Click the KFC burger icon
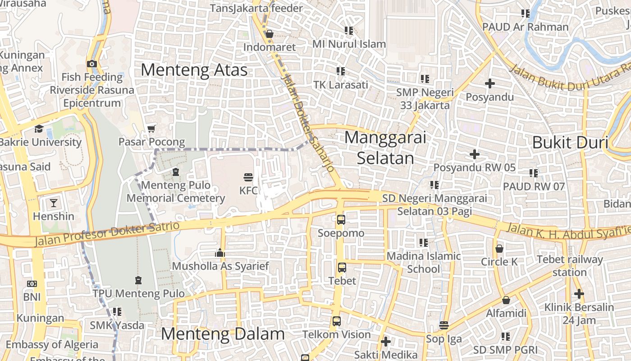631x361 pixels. tap(248, 177)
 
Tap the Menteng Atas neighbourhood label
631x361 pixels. tap(194, 70)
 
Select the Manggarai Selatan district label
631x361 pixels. tap(385, 148)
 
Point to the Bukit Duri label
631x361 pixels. tap(570, 143)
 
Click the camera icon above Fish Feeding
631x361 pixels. tap(92, 64)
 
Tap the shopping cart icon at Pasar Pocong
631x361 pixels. tap(151, 129)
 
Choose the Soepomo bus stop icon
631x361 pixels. tap(341, 220)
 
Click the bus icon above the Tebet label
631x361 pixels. tap(342, 268)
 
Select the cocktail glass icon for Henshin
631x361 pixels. tap(54, 203)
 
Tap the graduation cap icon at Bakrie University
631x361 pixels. tap(39, 129)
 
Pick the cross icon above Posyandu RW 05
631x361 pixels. tap(474, 154)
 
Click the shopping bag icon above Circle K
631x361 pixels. tap(499, 249)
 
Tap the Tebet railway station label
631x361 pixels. tap(570, 266)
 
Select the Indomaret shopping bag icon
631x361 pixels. tap(269, 34)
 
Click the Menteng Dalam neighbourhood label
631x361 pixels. tap(223, 334)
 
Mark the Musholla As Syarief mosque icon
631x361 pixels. tap(220, 253)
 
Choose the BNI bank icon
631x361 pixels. tap(32, 284)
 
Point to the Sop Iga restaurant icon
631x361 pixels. tap(444, 325)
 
